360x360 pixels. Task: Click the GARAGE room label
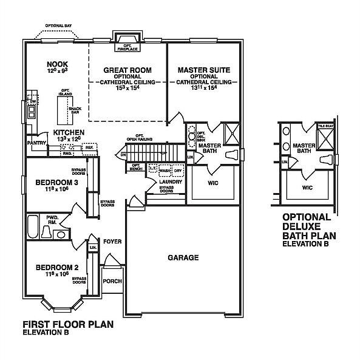point(183,257)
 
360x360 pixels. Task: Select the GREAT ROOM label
point(127,70)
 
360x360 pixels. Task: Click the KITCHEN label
point(68,132)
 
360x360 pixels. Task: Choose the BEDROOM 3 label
point(54,183)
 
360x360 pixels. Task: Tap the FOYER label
point(112,242)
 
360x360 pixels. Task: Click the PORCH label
point(112,281)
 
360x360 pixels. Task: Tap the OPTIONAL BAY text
point(58,26)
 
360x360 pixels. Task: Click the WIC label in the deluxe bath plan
point(307,188)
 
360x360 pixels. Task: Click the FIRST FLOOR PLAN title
point(67,325)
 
